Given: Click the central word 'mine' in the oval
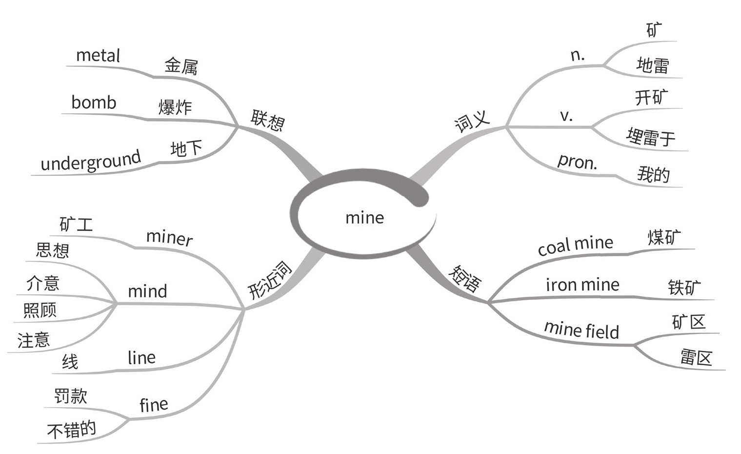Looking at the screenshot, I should pyautogui.click(x=364, y=218).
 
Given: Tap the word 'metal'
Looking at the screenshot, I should pyautogui.click(x=98, y=55).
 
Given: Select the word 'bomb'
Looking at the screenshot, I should pyautogui.click(x=94, y=103).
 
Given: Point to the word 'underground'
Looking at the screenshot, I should pyautogui.click(x=91, y=161).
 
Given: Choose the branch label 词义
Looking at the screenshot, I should pyautogui.click(x=472, y=121).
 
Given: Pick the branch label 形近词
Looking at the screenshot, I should pyautogui.click(x=270, y=281).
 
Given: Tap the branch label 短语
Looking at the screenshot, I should pyautogui.click(x=465, y=278).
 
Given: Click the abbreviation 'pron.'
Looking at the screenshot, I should pyautogui.click(x=578, y=162).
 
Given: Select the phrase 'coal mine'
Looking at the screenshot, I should pyautogui.click(x=575, y=245).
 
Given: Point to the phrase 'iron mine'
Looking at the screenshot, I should pyautogui.click(x=582, y=285).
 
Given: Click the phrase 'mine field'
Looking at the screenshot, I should pyautogui.click(x=581, y=330).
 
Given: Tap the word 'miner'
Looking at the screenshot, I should pyautogui.click(x=169, y=238).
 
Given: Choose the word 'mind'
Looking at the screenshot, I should pyautogui.click(x=147, y=291).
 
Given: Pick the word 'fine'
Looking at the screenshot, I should pyautogui.click(x=154, y=405).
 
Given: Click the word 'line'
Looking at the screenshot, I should pyautogui.click(x=141, y=358).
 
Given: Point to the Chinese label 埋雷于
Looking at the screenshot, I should pyautogui.click(x=651, y=137).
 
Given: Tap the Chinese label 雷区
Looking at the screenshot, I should pyautogui.click(x=696, y=358).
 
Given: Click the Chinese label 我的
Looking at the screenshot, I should pyautogui.click(x=653, y=174).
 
